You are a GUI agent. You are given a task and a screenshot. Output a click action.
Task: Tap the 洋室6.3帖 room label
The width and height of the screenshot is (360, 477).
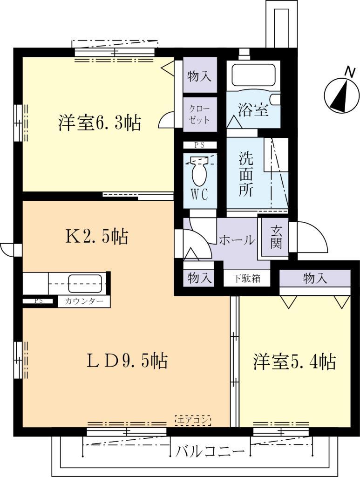tap(100, 123)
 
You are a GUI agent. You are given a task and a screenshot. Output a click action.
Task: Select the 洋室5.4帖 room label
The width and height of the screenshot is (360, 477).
tap(294, 362)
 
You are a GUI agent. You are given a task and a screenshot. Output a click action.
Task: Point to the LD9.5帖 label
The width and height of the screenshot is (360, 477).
tap(127, 361)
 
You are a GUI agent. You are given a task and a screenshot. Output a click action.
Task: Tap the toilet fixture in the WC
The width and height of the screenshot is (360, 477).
tap(200, 173)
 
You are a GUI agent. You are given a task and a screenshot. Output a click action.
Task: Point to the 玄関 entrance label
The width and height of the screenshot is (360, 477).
tap(276, 237)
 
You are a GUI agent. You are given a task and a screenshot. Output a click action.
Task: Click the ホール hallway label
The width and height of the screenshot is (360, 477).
tap(237, 240)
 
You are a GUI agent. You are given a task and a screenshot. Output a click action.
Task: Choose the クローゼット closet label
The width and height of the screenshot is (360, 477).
tap(200, 113)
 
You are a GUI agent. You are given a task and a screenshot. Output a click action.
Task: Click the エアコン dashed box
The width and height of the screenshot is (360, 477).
tap(193, 420)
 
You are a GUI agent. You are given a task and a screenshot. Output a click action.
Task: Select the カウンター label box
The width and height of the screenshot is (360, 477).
tap(84, 301)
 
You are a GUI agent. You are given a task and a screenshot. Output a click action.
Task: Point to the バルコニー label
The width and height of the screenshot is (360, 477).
tap(211, 451)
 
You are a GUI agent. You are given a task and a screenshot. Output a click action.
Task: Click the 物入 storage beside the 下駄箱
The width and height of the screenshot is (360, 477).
tap(199, 279)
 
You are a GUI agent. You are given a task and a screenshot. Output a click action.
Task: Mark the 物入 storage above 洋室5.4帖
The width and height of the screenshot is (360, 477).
tap(315, 279)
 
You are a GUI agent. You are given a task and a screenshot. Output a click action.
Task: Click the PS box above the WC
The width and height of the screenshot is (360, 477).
tap(199, 145)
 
